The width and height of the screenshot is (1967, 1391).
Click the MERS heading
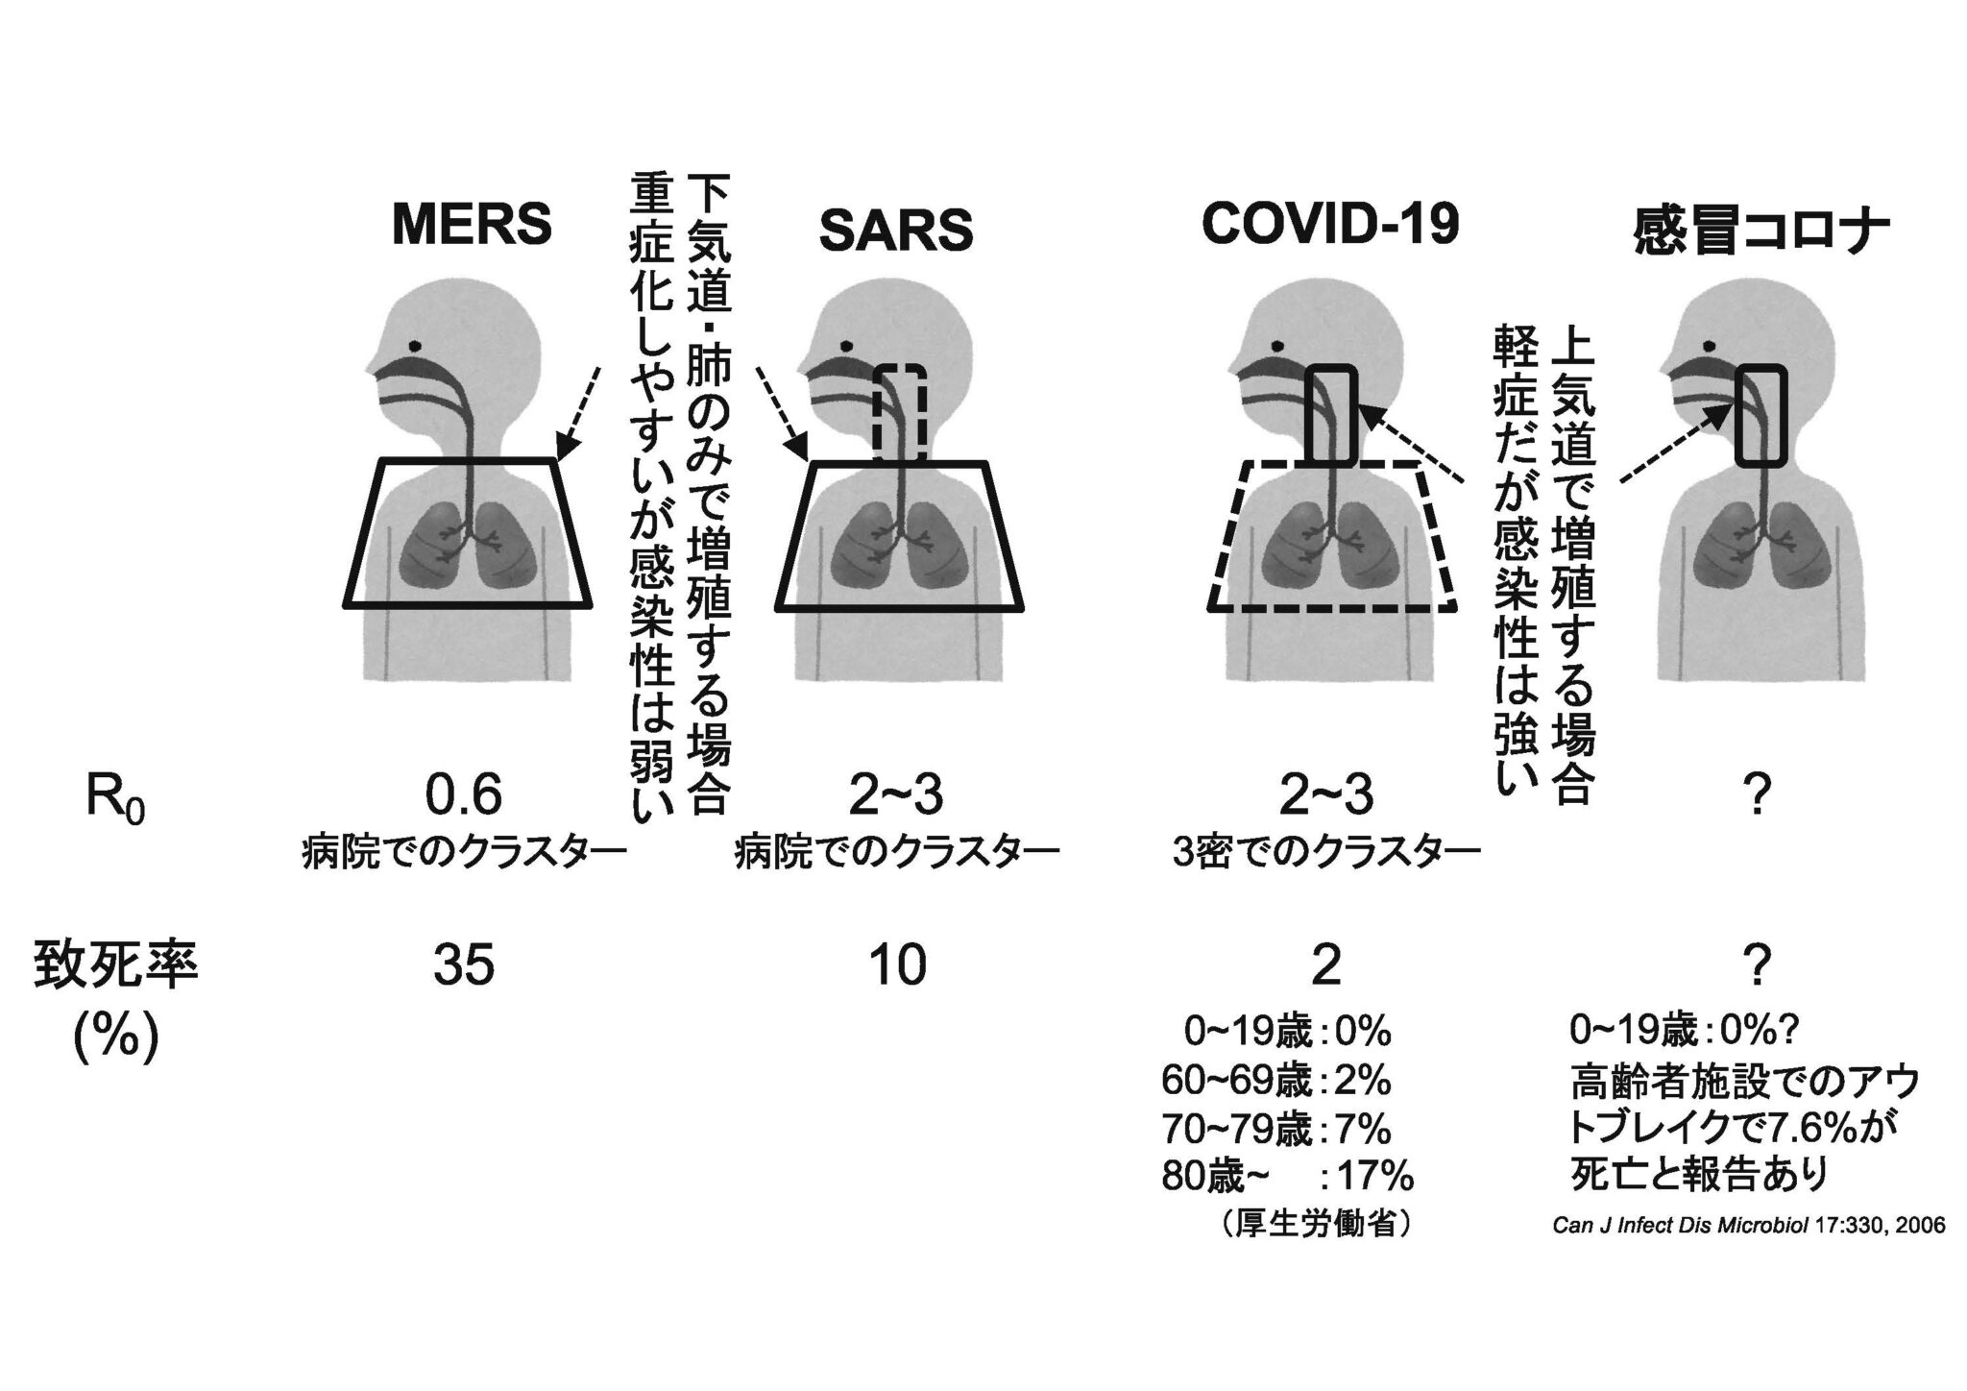[x=472, y=225]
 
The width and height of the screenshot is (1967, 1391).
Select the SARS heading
[x=895, y=231]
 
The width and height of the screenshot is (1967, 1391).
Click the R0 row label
[x=114, y=801]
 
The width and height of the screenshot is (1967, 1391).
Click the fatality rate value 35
[x=464, y=964]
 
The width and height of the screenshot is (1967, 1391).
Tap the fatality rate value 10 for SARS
[x=897, y=964]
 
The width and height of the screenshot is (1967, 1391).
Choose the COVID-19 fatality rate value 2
[x=1326, y=964]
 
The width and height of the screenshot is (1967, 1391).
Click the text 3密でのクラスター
[x=1326, y=852]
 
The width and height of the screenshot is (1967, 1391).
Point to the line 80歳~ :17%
[x=1287, y=1177]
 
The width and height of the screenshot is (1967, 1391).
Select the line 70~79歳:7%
[x=1275, y=1129]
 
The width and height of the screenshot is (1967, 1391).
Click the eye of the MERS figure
[x=414, y=346]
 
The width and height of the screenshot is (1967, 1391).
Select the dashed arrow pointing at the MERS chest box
[x=579, y=414]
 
